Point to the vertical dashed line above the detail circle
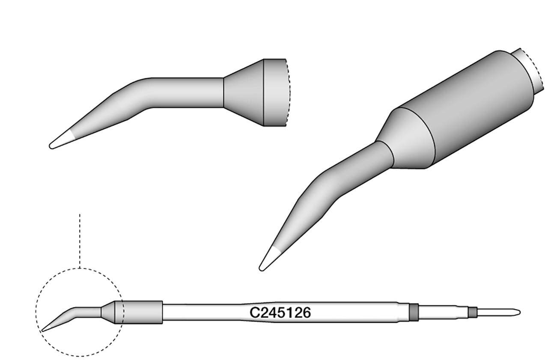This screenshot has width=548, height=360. (x=80, y=240)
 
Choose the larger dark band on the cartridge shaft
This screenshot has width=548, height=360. (x=413, y=312)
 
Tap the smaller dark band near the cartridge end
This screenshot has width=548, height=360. (x=472, y=312)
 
